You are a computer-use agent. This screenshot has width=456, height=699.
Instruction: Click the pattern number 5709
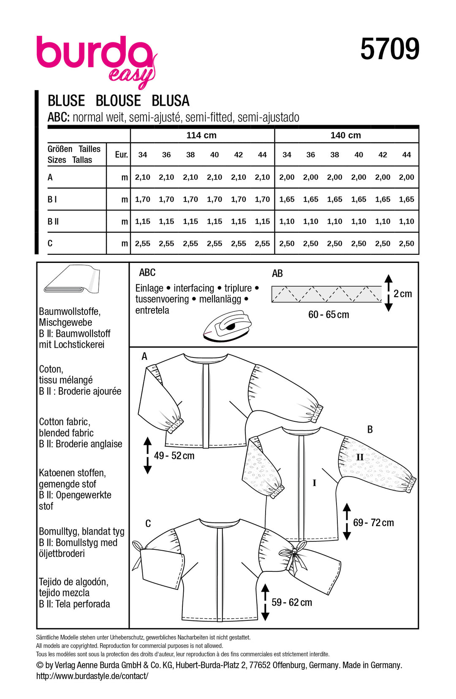389,49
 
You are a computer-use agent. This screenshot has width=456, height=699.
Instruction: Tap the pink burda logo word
94,53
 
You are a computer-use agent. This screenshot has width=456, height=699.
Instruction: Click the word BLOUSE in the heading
118,101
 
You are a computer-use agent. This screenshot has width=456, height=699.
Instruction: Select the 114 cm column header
201,135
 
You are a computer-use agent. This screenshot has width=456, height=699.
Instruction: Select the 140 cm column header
345,135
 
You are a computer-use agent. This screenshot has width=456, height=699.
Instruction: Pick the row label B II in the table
53,221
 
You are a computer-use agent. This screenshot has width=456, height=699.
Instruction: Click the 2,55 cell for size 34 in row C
143,243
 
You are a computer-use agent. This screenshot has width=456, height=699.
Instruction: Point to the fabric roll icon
72,279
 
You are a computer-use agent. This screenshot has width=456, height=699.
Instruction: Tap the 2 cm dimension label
402,294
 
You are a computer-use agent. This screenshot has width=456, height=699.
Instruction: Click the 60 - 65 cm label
328,315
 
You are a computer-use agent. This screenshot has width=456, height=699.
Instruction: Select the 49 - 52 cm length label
174,456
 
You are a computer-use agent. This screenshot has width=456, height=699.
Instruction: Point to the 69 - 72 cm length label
373,523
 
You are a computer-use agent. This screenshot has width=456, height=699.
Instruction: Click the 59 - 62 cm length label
292,602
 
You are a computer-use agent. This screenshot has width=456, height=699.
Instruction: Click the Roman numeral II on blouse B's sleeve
359,457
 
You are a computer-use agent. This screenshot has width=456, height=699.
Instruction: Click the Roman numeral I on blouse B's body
314,483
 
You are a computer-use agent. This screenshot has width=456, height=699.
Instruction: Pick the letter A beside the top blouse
144,357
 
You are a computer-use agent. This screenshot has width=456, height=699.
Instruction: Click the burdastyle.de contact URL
92,676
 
